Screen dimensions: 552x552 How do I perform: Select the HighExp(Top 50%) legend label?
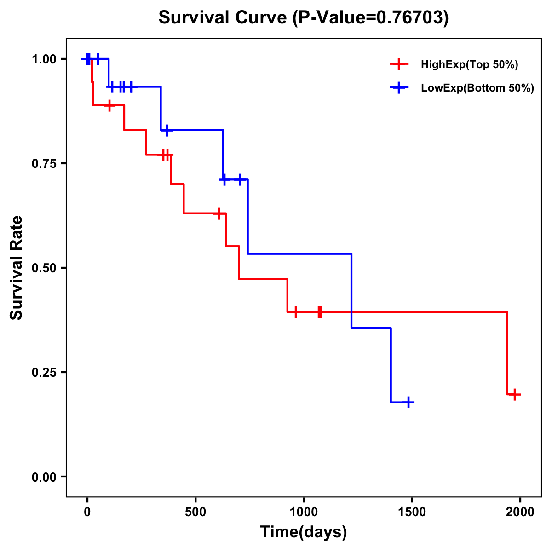tap(469, 65)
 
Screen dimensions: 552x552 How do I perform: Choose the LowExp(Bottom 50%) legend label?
tap(477, 88)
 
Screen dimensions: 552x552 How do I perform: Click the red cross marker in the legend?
tap(399, 64)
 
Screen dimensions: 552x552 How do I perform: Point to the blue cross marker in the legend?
tap(399, 88)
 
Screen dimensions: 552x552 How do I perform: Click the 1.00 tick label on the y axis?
tap(44, 59)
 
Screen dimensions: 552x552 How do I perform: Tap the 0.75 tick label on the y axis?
tap(44, 164)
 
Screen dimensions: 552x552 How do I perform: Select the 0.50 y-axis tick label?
tap(44, 268)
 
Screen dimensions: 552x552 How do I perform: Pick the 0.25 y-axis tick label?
tap(44, 373)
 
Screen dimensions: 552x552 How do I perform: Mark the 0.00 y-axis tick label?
tap(44, 477)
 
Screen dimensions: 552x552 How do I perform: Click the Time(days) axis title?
tap(304, 532)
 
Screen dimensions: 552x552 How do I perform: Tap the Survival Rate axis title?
tap(17, 268)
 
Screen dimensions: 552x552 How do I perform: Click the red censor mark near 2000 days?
tap(515, 394)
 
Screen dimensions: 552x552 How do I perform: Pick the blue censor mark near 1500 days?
tap(408, 402)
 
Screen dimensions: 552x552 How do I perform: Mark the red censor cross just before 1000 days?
tap(296, 312)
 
